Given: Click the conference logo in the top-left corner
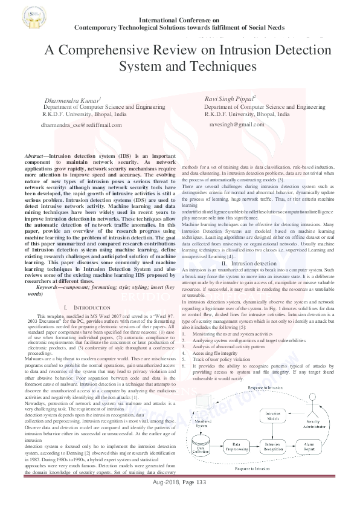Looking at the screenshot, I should coord(16,17).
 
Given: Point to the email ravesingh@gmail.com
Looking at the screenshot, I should coord(237,124).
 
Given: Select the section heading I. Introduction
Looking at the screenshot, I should coord(89,307).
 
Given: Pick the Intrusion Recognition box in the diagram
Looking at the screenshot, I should coord(275,446).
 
